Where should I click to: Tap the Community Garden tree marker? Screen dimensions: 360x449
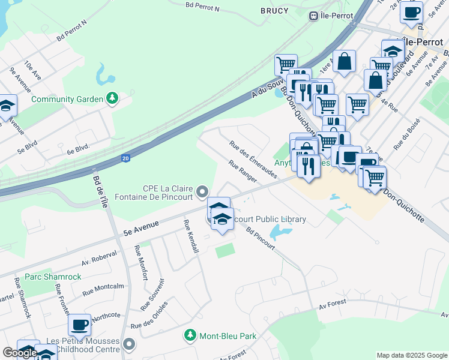point(111,98)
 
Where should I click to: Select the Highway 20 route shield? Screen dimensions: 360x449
point(125,158)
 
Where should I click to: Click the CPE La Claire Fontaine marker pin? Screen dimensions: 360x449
point(203,191)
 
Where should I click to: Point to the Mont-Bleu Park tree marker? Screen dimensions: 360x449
point(190,335)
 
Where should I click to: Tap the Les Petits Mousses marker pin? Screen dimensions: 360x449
point(129,344)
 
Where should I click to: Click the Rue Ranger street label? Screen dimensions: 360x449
point(243,171)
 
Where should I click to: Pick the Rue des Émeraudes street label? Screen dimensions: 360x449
point(253,159)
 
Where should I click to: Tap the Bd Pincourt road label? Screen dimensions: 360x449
point(261,239)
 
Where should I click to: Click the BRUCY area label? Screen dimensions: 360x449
point(275,11)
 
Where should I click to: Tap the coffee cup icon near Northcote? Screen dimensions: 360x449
point(79,325)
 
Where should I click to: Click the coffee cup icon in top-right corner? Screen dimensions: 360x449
point(411,12)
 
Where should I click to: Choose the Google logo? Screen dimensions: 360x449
point(20,353)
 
